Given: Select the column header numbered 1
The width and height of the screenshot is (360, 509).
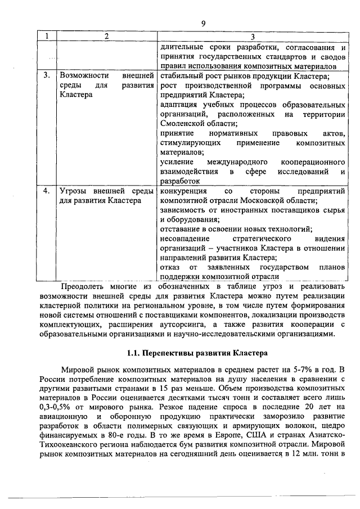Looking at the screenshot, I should tap(47, 36).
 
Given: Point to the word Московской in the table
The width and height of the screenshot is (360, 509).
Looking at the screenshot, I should tap(269, 201).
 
